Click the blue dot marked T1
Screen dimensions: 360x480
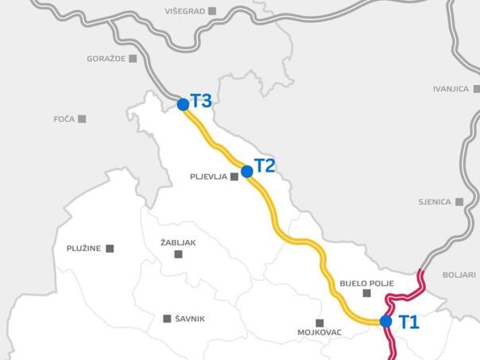coord(385,321)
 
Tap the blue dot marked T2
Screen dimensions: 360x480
coord(246,171)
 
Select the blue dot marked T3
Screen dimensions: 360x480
coord(183,104)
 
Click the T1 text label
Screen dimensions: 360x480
coord(408,322)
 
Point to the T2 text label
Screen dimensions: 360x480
coord(265,167)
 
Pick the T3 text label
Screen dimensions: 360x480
coord(201,101)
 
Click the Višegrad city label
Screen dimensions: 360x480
coord(184,11)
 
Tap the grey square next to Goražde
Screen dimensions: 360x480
coord(133,58)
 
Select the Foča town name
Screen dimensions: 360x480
coord(64,119)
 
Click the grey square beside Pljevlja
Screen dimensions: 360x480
coord(234,177)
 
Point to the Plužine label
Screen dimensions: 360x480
coord(83,249)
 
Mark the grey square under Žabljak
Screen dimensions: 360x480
coord(178,254)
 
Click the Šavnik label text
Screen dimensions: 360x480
coord(188,319)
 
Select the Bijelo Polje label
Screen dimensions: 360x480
coord(366,283)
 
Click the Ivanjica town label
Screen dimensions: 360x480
coord(451,89)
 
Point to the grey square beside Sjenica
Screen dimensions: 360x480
coord(459,202)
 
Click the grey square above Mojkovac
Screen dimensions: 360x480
coord(319,323)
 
